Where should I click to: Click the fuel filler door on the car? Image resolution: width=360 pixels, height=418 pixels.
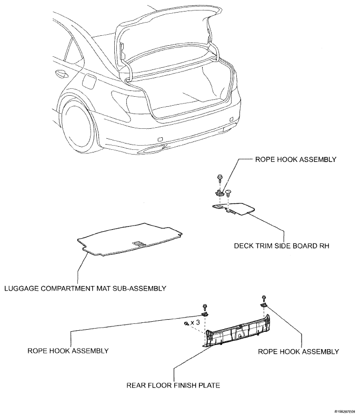click(x=88, y=82)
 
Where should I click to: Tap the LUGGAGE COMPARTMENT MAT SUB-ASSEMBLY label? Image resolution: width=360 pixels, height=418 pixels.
click(x=85, y=288)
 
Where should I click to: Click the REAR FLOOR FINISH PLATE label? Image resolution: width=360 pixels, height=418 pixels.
click(x=172, y=385)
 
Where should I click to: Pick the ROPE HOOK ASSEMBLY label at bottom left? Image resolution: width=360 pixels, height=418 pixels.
click(x=68, y=351)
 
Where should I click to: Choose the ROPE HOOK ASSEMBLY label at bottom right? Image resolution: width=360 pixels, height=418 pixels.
click(x=298, y=351)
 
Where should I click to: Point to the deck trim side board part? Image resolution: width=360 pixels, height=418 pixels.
click(x=235, y=209)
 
